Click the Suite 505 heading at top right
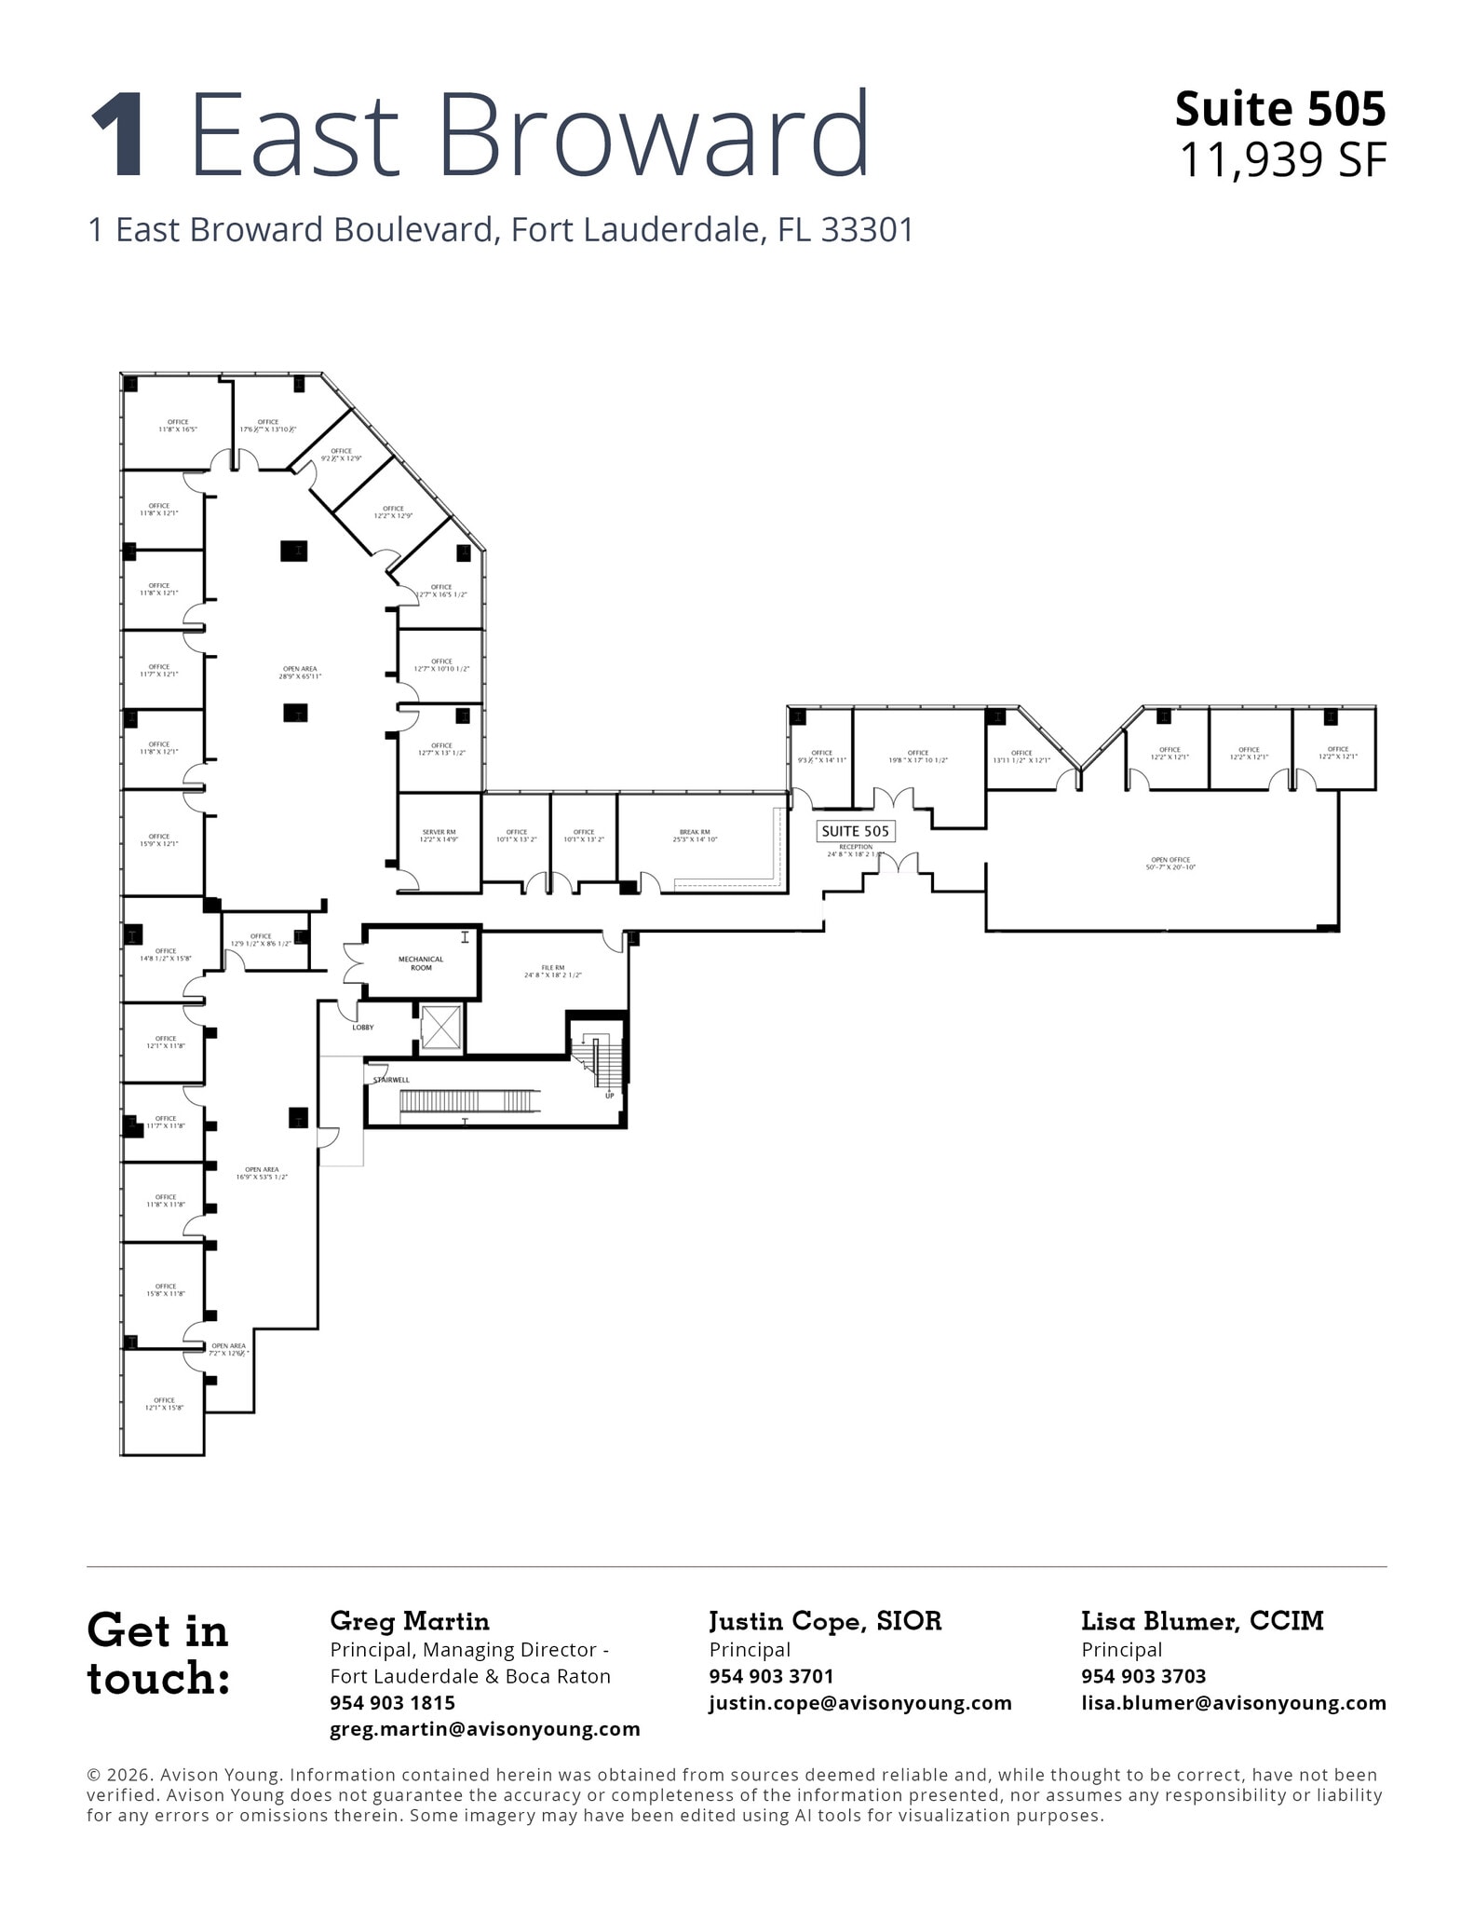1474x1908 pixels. point(1279,109)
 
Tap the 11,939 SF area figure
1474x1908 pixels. point(1282,160)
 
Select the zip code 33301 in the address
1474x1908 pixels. point(867,230)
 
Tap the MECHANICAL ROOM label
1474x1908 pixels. point(421,963)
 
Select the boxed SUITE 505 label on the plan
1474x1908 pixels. point(855,831)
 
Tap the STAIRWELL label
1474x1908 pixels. point(391,1080)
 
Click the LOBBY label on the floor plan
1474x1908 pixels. point(362,1027)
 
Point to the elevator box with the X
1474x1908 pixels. point(440,1028)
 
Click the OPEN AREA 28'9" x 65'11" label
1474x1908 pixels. point(300,673)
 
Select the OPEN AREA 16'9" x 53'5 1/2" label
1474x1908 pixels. point(262,1173)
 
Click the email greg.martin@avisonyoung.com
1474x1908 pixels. point(485,1729)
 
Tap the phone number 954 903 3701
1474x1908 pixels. point(771,1676)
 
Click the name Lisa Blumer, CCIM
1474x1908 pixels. point(1202,1622)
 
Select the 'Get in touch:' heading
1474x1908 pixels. point(158,1655)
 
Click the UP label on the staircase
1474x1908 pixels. point(610,1095)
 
